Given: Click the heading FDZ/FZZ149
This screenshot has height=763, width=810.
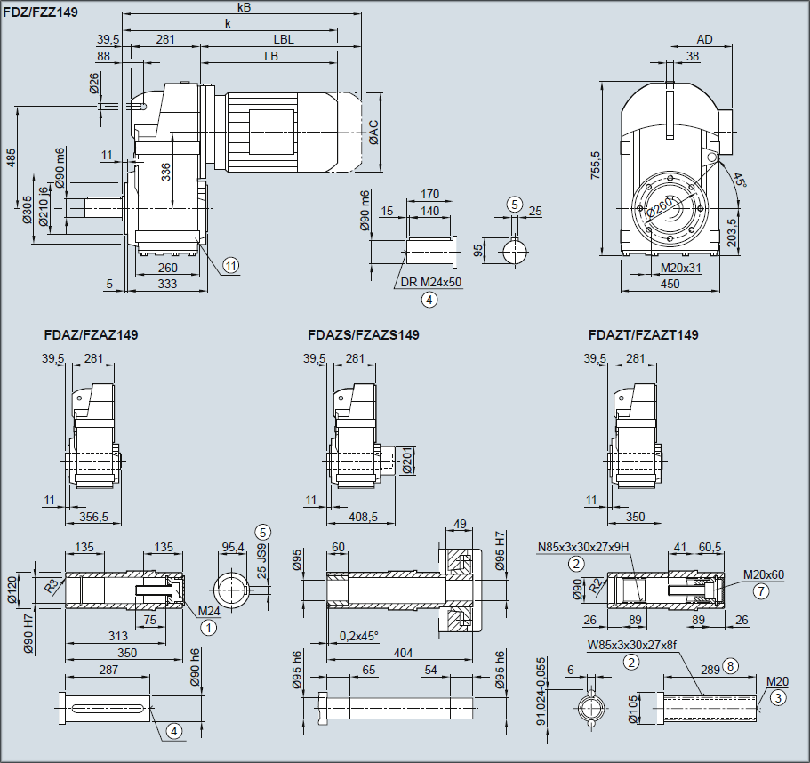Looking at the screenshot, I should point(41,12).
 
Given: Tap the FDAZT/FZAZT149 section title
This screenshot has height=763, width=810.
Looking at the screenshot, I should point(643,335).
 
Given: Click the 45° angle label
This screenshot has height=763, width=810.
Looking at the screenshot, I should point(741,180).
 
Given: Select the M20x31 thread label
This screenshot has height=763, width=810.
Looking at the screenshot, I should point(681,267).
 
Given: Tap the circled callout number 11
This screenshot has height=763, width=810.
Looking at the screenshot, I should point(231,265).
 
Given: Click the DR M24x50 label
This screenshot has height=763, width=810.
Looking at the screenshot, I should point(431,282).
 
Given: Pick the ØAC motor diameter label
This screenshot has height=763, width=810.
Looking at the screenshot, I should point(374,132).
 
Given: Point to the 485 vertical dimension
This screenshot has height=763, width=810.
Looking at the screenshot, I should point(11,157).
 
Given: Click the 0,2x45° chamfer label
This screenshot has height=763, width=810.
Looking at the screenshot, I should point(359,636).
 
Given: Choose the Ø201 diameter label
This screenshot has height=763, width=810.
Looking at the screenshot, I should point(408,462).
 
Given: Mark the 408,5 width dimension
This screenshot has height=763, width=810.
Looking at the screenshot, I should point(363,516).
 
